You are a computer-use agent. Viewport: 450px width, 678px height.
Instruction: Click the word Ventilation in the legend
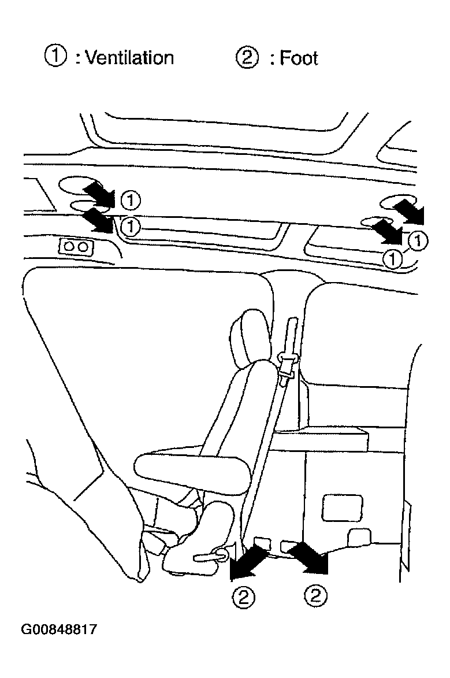[x=129, y=57]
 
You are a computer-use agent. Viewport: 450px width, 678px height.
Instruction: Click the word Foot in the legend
[x=299, y=58]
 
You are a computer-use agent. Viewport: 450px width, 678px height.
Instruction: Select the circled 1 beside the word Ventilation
[x=56, y=57]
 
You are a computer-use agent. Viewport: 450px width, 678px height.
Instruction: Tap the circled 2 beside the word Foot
[x=247, y=58]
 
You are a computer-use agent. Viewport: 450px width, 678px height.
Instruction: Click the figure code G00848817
[x=59, y=629]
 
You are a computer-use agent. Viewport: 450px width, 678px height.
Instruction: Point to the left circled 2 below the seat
[x=244, y=597]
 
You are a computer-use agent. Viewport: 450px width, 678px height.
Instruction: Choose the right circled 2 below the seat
[x=315, y=597]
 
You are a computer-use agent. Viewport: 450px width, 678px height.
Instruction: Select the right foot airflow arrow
[x=308, y=558]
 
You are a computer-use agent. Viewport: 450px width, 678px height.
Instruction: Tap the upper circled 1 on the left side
[x=131, y=201]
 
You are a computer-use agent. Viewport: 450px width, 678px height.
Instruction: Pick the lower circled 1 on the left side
[x=130, y=225]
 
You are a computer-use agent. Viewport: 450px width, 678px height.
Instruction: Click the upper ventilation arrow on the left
[x=99, y=193]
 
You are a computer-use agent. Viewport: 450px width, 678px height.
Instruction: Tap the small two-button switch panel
[x=76, y=247]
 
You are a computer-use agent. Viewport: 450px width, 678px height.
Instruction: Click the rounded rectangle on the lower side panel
[x=343, y=508]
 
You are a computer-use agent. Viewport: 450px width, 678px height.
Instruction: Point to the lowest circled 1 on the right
[x=392, y=259]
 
